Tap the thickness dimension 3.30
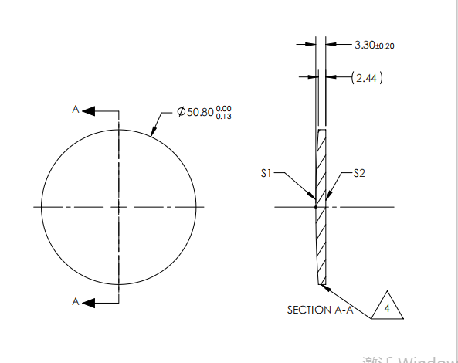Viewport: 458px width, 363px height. pyautogui.click(x=364, y=46)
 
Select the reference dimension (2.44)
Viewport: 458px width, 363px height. pyautogui.click(x=367, y=78)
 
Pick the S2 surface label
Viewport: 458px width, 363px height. pyautogui.click(x=359, y=174)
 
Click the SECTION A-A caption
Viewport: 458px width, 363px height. pyautogui.click(x=320, y=310)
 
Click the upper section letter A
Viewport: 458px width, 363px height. pyautogui.click(x=76, y=110)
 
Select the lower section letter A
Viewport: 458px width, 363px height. pyautogui.click(x=76, y=300)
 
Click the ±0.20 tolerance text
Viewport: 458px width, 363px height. pyautogui.click(x=385, y=46)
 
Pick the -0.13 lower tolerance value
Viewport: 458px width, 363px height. pyautogui.click(x=224, y=117)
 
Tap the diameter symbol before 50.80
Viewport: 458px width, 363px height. pyautogui.click(x=181, y=113)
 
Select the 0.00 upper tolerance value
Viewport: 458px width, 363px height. pyautogui.click(x=224, y=109)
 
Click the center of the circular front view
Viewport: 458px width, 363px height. pyautogui.click(x=118, y=207)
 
